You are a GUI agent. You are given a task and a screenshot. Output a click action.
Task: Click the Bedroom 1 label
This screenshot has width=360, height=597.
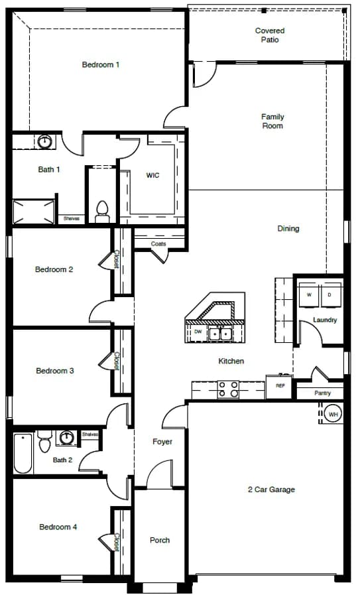[101, 65]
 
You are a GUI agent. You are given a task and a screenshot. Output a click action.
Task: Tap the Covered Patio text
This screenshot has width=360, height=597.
[270, 35]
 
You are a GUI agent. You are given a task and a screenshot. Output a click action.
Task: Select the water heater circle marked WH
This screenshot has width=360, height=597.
[333, 414]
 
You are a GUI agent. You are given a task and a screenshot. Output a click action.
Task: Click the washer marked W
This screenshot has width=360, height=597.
[309, 295]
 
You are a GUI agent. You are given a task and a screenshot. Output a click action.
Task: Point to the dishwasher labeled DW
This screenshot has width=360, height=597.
[198, 332]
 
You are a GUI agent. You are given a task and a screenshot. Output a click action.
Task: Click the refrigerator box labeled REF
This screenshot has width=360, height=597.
[280, 386]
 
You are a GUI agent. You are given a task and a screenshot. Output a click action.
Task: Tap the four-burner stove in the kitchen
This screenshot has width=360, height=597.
[228, 389]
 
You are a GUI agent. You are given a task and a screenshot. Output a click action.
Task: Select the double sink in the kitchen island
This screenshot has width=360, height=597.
[220, 334]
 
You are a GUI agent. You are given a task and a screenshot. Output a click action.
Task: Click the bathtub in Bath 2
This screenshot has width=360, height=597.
[23, 453]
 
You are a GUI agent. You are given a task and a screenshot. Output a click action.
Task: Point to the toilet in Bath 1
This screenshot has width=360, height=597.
[102, 212]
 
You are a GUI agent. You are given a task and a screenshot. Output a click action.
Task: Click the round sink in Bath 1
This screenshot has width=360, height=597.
[45, 142]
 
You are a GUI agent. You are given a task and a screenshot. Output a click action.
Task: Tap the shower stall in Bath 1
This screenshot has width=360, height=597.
[34, 212]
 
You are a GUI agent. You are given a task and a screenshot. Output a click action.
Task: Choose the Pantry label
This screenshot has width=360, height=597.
[322, 393]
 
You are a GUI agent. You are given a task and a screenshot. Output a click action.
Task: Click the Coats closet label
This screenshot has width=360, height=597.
[158, 243]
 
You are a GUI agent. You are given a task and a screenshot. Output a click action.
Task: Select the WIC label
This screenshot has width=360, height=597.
[152, 175]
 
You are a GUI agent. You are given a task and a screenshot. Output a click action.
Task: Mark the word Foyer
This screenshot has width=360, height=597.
[162, 442]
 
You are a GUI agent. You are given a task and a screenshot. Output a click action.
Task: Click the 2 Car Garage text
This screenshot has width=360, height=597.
[271, 490]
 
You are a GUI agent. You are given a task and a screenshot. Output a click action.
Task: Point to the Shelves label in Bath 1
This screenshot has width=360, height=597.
[71, 218]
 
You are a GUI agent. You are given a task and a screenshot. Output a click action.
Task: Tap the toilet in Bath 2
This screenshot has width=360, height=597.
[44, 442]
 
